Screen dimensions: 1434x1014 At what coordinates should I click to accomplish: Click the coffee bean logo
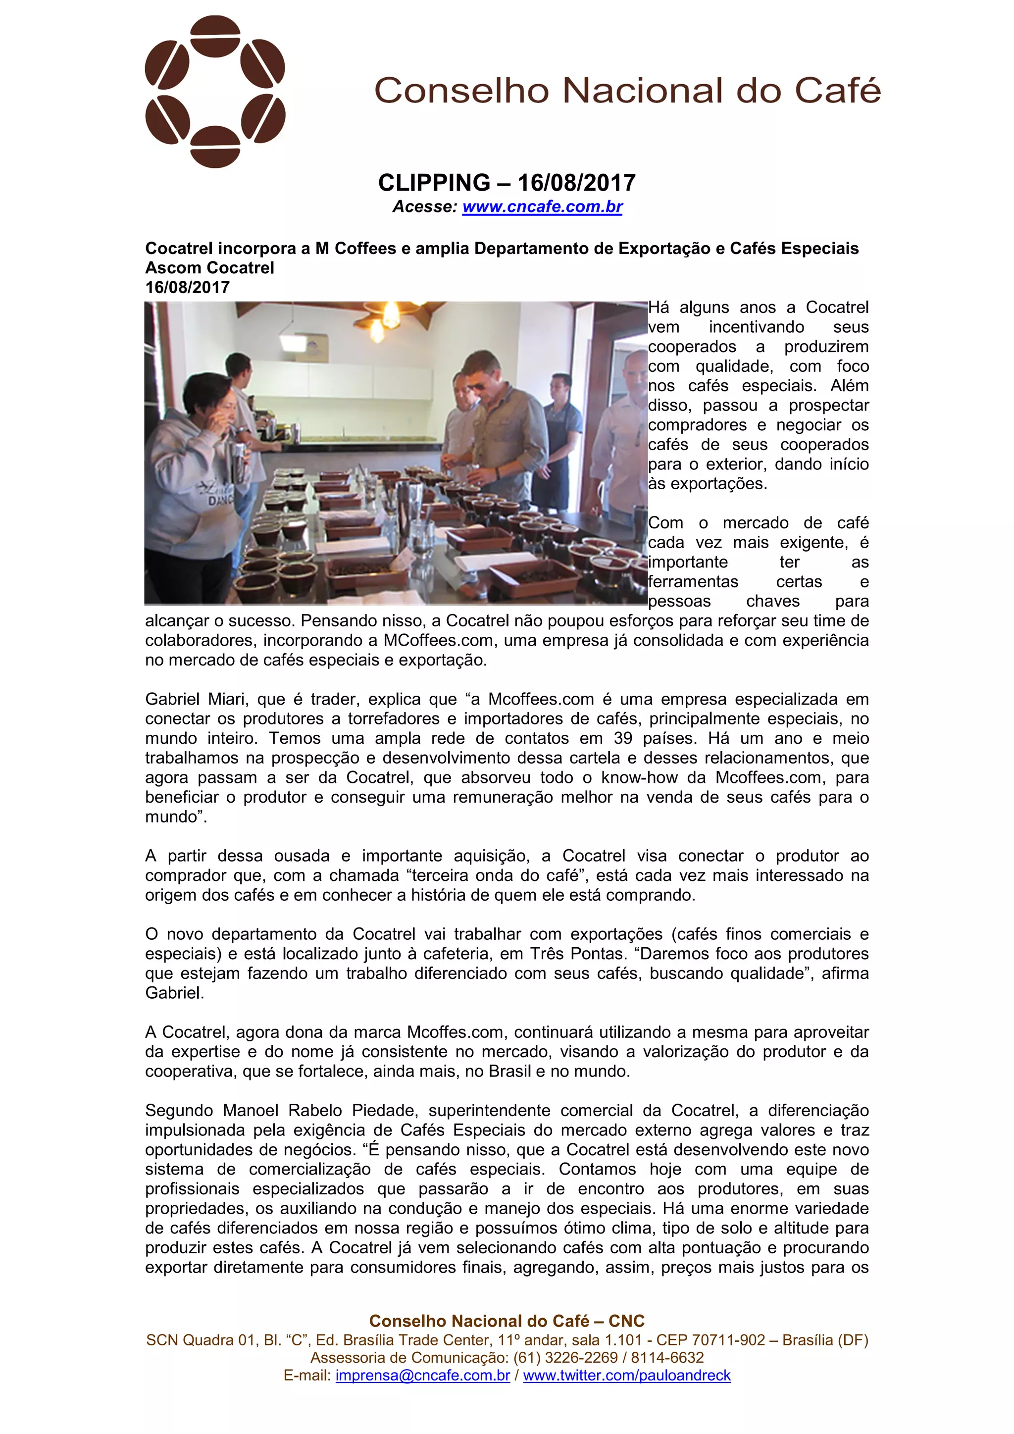click(215, 92)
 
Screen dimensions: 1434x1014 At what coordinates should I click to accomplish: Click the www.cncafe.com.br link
click(542, 206)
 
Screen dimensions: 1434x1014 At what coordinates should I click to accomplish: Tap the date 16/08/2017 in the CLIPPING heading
click(576, 183)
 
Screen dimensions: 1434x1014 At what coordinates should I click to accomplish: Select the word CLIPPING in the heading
click(434, 183)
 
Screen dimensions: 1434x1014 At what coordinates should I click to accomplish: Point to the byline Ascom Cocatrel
click(210, 268)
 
